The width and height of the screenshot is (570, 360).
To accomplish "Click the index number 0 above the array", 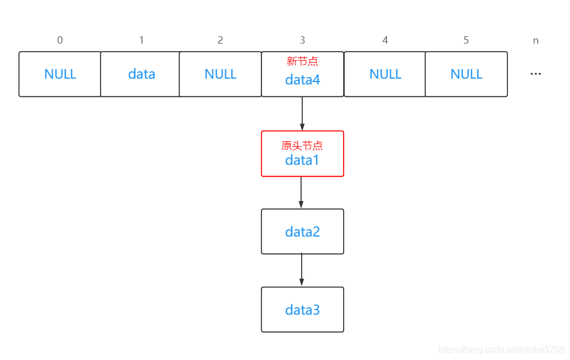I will pos(60,40).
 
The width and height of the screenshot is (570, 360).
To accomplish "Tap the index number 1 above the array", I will pos(141,40).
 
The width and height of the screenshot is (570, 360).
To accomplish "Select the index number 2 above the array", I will pos(220,40).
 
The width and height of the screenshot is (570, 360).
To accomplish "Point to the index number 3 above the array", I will pos(302,40).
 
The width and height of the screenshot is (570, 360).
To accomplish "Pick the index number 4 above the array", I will pos(385,40).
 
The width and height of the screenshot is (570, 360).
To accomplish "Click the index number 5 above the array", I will pos(466,40).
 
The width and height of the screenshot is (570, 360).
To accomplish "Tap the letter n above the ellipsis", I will pos(536,41).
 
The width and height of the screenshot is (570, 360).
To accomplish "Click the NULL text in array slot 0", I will pos(60,74).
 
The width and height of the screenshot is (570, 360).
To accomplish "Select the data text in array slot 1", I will pos(141,74).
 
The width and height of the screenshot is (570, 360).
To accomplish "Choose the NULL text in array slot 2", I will pos(221,74).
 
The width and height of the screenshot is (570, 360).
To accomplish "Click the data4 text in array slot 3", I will pos(302,80).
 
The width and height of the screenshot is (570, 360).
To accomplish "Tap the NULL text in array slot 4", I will pos(386,74).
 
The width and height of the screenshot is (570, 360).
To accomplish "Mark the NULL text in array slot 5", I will pos(466,74).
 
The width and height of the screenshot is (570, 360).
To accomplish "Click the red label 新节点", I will pos(302,61).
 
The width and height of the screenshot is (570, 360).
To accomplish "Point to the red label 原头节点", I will pos(302,146).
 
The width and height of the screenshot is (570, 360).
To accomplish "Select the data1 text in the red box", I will pos(302,160).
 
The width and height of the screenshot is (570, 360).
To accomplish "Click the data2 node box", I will pos(302,231).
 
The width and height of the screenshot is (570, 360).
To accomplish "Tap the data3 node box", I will pos(302,309).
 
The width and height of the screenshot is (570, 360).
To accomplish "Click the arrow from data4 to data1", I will pos(302,114).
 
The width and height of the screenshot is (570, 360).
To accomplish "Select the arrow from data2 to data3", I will pos(302,270).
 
